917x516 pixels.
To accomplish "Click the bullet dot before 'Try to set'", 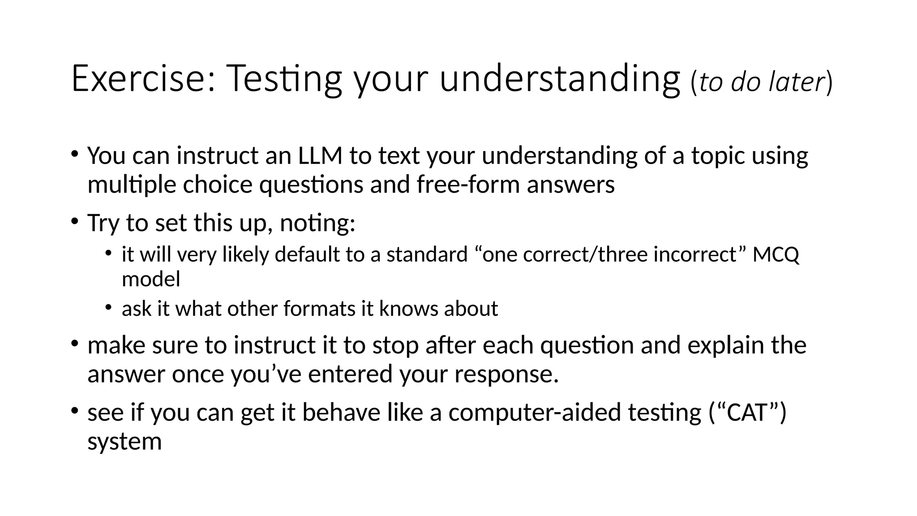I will tap(74, 221).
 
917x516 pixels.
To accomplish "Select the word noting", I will tap(317, 223).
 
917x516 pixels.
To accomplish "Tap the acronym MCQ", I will tap(776, 254).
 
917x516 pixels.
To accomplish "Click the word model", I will tap(151, 279).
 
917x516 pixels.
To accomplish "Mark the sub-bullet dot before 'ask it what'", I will tap(108, 307).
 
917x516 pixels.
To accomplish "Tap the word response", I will tap(506, 374).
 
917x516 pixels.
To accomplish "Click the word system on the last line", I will tap(124, 441).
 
